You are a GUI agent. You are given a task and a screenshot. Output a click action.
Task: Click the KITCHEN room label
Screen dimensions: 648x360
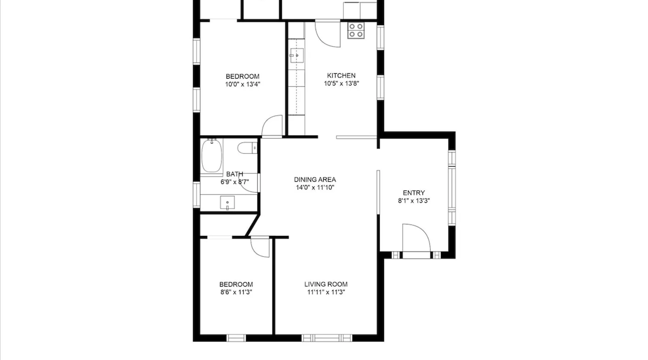[x=341, y=76]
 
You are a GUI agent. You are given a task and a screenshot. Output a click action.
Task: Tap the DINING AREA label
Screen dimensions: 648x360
[x=315, y=179]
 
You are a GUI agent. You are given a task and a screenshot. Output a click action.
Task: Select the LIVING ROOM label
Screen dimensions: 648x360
[x=326, y=284]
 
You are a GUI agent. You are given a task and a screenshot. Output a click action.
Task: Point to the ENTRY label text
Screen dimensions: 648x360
[x=414, y=193]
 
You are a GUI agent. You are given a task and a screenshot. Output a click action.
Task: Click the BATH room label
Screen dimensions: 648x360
[x=235, y=174]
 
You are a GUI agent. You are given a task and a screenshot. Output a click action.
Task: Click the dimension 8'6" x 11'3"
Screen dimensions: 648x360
[x=236, y=292]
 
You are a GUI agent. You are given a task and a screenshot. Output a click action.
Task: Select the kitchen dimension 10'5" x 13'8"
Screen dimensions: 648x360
[x=341, y=84]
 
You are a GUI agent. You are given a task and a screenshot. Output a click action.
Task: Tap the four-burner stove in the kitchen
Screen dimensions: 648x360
[x=356, y=30]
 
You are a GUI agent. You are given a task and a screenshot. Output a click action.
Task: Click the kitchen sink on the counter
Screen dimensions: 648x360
[x=297, y=56]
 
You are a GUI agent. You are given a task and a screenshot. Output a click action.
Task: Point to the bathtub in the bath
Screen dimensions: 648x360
[x=212, y=156]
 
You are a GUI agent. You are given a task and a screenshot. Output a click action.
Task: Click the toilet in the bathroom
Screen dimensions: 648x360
[x=247, y=148]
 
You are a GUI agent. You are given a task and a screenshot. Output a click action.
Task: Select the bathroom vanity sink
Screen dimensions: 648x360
[x=227, y=203]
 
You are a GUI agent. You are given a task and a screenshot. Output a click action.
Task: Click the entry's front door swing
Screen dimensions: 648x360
[x=416, y=238]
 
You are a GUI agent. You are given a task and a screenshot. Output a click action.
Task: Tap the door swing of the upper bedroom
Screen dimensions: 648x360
[x=272, y=126]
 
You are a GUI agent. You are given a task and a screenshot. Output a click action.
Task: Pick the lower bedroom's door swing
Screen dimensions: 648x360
[x=260, y=248]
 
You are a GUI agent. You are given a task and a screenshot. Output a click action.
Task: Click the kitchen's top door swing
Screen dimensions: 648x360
[x=328, y=34]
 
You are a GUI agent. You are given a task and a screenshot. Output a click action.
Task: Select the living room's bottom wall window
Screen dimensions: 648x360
[x=327, y=338]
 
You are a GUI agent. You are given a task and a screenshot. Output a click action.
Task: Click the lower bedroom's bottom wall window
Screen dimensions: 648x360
[x=236, y=338]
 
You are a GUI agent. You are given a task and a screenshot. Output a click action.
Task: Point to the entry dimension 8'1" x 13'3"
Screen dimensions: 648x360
[x=414, y=201]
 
